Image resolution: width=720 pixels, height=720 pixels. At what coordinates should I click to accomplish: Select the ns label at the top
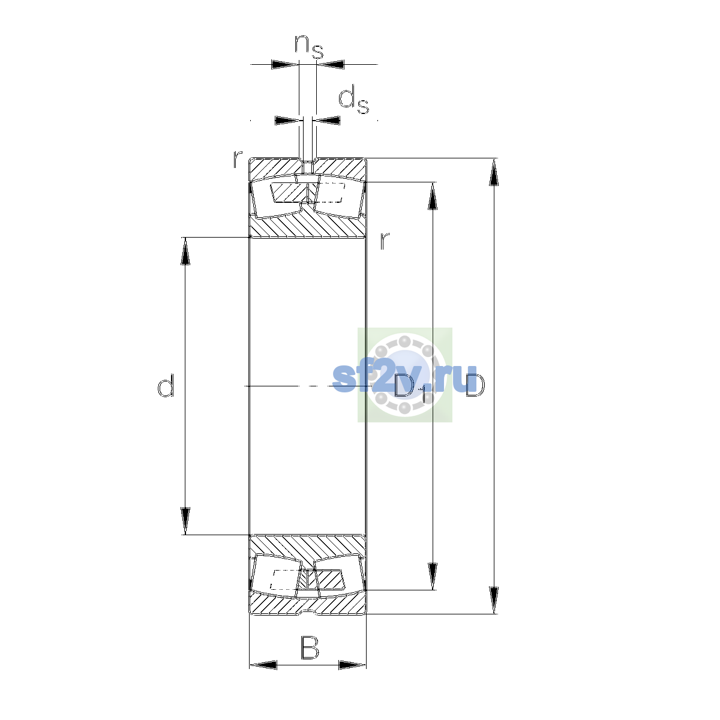[x=308, y=47]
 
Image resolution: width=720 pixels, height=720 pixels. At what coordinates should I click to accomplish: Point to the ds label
[x=353, y=100]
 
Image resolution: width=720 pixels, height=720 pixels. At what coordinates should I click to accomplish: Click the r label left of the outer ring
[x=237, y=158]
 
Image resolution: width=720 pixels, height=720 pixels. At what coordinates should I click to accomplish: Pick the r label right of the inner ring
[x=385, y=241]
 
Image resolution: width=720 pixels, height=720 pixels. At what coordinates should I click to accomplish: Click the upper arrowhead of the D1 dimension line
[x=432, y=196]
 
